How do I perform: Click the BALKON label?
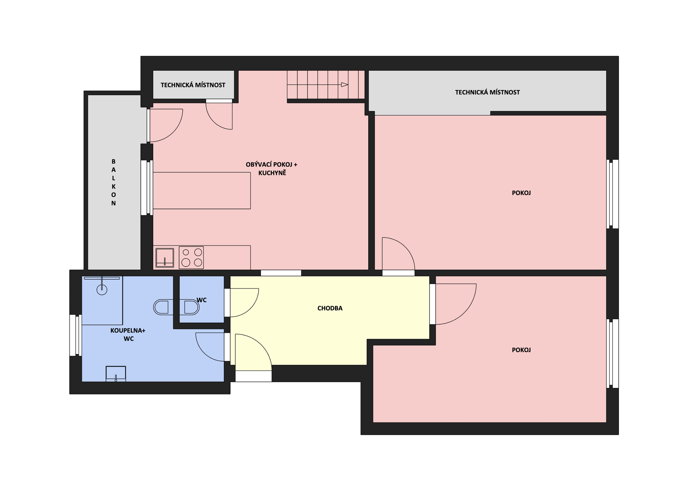click(x=113, y=182)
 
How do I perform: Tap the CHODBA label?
click(x=330, y=308)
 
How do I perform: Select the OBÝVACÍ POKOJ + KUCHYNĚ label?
click(x=272, y=169)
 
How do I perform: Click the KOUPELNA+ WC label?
click(x=128, y=334)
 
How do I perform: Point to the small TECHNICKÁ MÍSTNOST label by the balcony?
click(x=193, y=85)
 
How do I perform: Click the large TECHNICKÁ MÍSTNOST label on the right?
click(x=487, y=92)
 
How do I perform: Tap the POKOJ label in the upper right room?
click(x=521, y=193)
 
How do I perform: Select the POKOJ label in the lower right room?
click(x=521, y=350)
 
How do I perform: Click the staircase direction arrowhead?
click(x=344, y=85)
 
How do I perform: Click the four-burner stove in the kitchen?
click(x=191, y=258)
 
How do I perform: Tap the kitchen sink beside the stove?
click(x=165, y=258)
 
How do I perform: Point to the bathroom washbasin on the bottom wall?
click(x=116, y=374)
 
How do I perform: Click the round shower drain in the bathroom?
click(x=102, y=289)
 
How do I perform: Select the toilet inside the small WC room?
click(x=192, y=307)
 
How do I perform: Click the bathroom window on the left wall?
click(x=76, y=335)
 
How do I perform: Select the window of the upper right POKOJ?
click(x=612, y=194)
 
